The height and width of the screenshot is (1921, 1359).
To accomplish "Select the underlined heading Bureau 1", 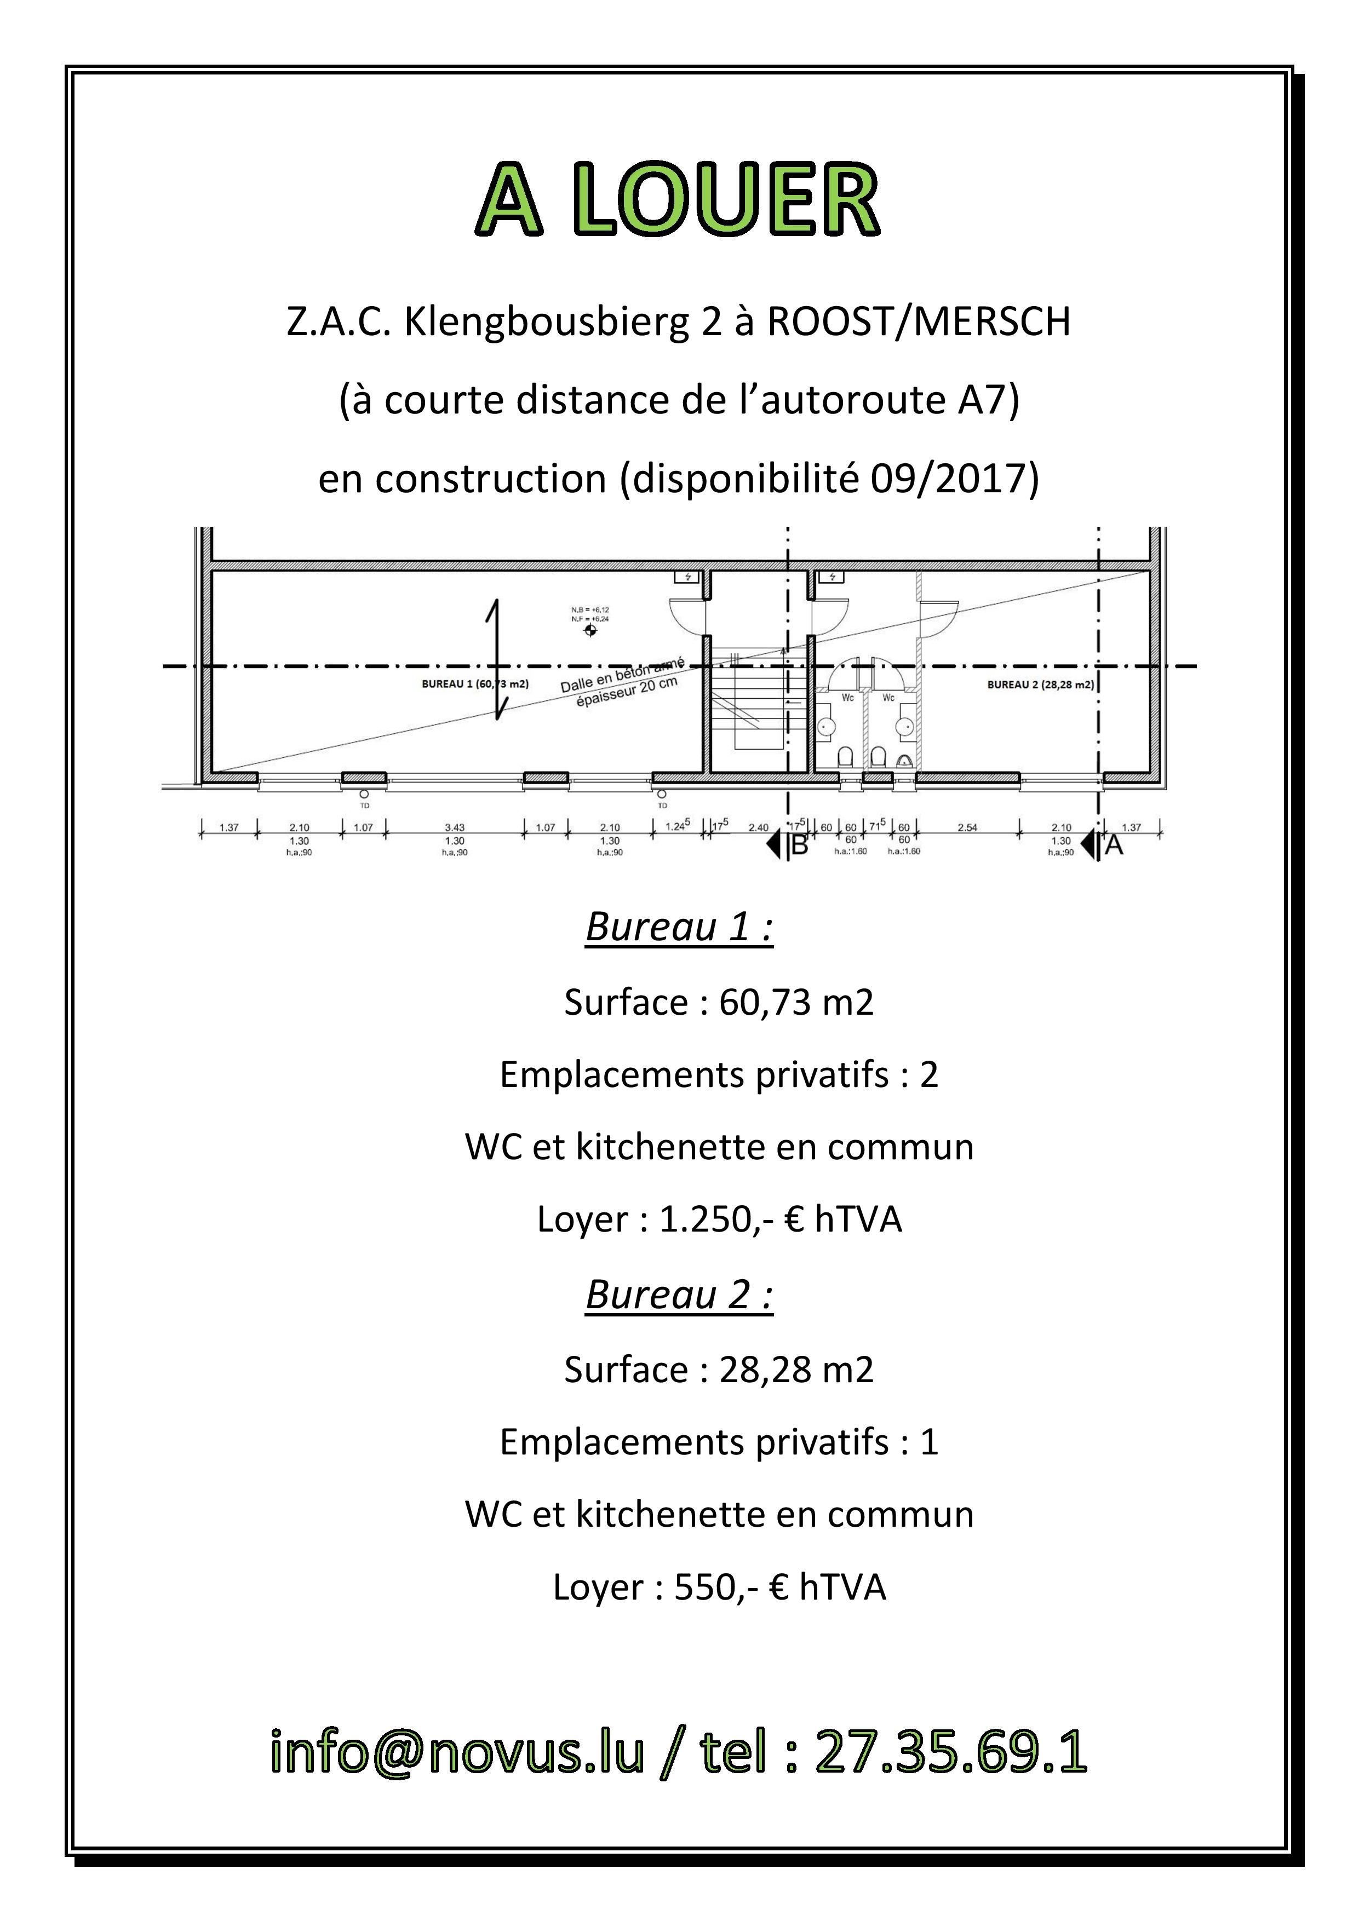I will click(x=679, y=928).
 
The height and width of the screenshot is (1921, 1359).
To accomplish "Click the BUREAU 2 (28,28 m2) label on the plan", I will click(x=1040, y=685).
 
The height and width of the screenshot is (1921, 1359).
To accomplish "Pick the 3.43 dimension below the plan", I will click(x=455, y=827).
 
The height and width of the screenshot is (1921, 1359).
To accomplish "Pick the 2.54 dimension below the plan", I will click(x=967, y=827).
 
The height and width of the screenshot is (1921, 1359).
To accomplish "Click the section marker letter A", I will click(x=1114, y=846).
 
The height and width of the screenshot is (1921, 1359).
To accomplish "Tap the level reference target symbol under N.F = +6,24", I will click(x=591, y=630).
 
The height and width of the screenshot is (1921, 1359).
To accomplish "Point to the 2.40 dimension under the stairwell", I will click(x=758, y=827).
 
